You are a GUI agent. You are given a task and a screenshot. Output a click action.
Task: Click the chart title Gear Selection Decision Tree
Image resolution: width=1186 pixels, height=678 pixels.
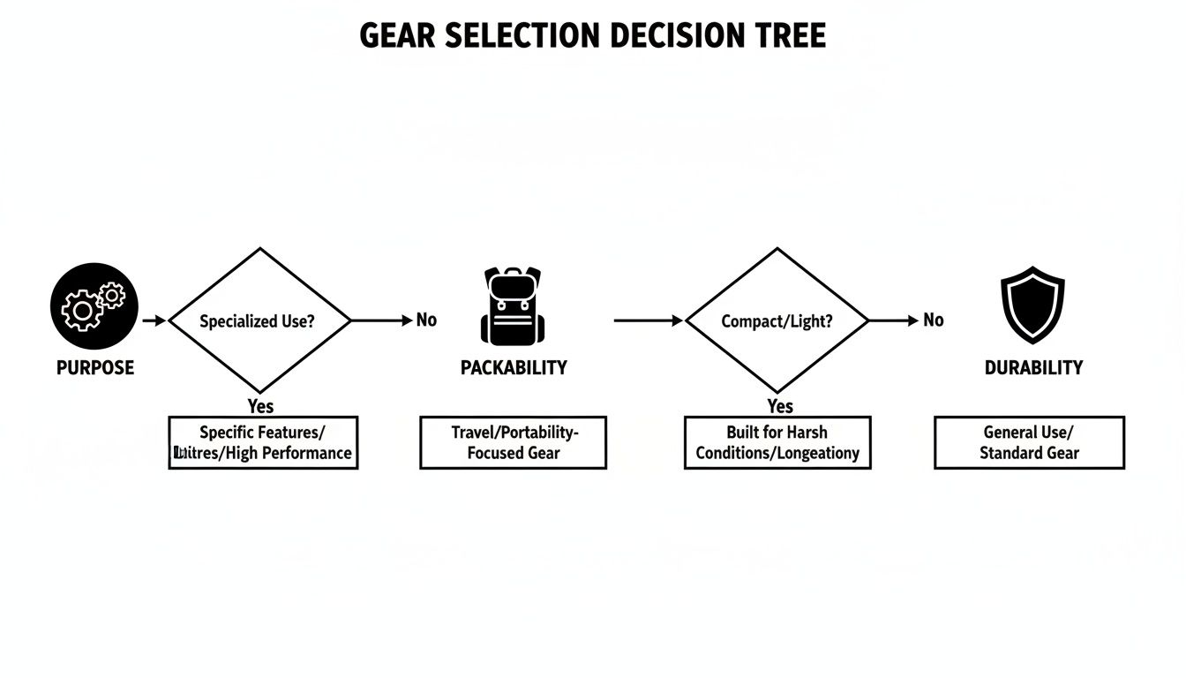point(593,36)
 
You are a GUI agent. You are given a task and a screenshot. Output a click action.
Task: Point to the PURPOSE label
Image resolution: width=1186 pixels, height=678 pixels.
point(95,368)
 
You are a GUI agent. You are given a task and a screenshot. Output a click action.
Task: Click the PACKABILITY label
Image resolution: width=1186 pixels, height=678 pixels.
point(514,368)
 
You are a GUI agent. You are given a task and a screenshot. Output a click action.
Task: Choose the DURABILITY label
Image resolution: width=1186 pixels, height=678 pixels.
point(1033,368)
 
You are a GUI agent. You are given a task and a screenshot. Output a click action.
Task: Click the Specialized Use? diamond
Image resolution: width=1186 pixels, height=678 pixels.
point(259,320)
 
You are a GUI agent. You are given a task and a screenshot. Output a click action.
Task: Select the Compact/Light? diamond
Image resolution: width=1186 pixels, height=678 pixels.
point(777,320)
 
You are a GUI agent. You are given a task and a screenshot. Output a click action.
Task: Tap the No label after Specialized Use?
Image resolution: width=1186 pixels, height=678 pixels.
point(426,320)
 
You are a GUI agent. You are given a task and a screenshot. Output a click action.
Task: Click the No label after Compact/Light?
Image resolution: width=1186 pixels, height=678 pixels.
point(933,320)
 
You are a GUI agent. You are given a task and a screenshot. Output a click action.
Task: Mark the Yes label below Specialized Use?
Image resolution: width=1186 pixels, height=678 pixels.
point(260,406)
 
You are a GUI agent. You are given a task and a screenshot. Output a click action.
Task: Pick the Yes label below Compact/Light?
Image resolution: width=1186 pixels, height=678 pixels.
point(779,406)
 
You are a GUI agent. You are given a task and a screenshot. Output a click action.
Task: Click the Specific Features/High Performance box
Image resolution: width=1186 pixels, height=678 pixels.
point(263,442)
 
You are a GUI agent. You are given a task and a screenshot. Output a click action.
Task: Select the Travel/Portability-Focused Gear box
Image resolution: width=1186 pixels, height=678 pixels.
point(514,442)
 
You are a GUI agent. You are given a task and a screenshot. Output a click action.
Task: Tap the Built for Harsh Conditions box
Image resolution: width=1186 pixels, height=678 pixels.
point(777,442)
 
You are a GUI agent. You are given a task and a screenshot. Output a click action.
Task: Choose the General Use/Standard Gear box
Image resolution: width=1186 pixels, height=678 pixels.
point(1029,442)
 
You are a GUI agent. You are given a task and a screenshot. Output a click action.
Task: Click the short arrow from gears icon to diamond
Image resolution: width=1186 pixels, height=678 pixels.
point(154,320)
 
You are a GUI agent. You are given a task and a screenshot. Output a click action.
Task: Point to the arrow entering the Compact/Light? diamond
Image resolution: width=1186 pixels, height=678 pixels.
point(649,320)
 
